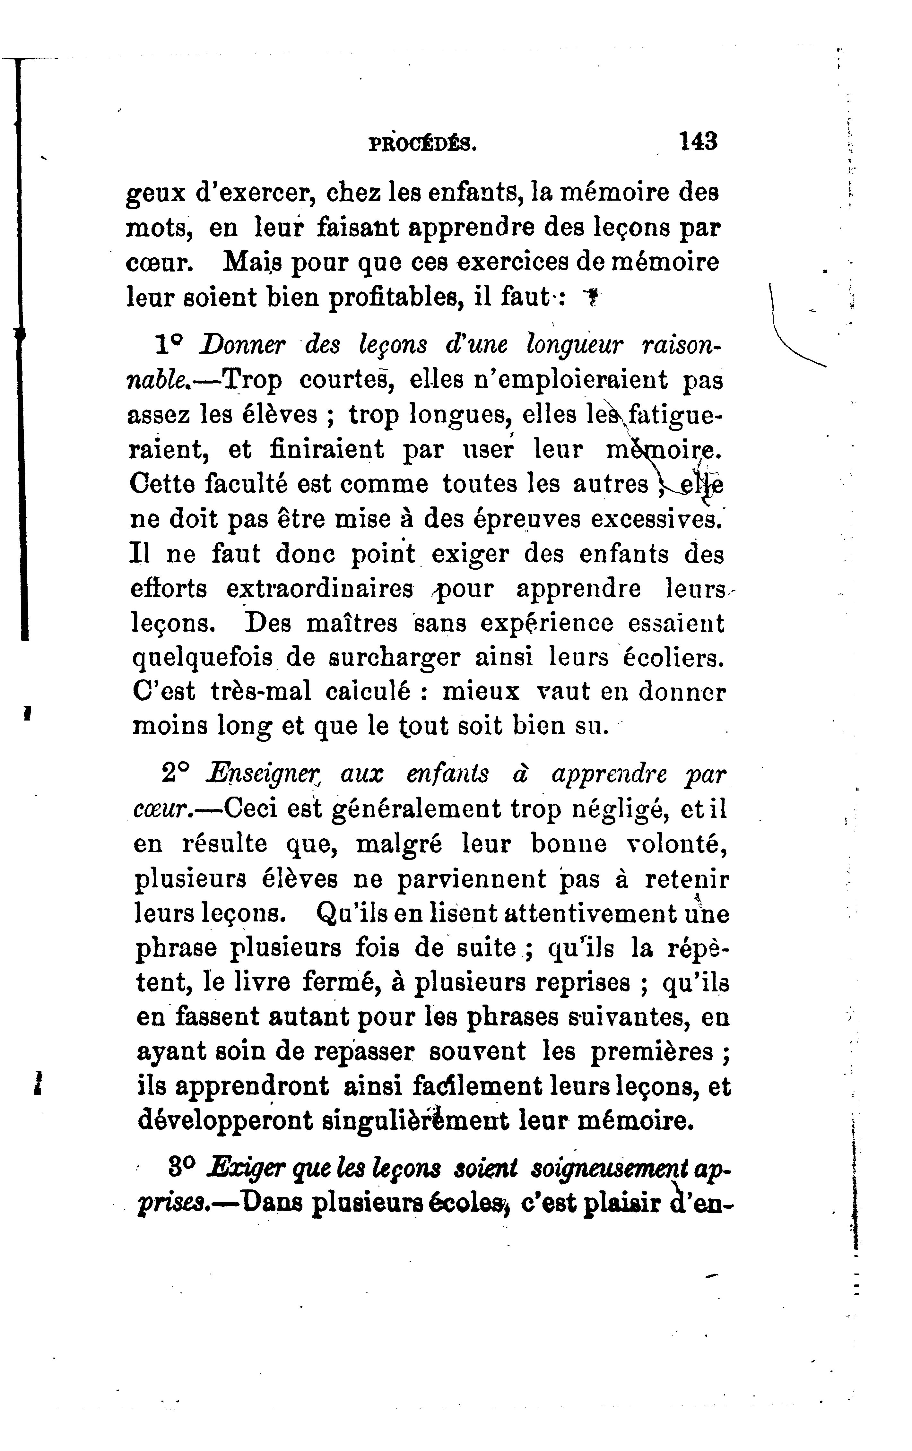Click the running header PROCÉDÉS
pyautogui.click(x=421, y=145)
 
